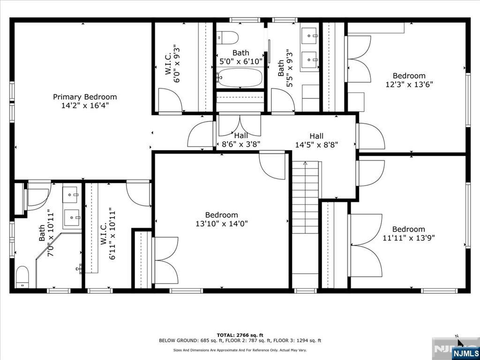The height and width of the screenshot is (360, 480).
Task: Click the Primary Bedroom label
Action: (x=85, y=97)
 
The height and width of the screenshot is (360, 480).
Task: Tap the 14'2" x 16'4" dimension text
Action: (x=85, y=106)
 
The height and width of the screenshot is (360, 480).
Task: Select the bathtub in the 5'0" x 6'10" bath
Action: (x=240, y=78)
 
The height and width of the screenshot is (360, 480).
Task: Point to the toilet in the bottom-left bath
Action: (x=22, y=277)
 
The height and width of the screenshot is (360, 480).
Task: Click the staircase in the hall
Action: (x=305, y=220)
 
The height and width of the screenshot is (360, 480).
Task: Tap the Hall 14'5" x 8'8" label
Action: (x=316, y=140)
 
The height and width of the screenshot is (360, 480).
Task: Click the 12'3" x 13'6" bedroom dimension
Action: (x=409, y=85)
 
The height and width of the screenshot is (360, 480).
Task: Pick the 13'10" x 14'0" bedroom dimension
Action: (x=222, y=224)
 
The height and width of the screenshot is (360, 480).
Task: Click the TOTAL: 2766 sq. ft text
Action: (x=240, y=335)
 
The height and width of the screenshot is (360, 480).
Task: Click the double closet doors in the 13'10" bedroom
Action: (x=165, y=260)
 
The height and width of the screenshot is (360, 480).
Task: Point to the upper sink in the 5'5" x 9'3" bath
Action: (x=309, y=35)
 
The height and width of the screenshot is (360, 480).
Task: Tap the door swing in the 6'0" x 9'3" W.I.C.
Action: (x=169, y=100)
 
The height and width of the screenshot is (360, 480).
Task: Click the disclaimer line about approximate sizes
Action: (x=240, y=350)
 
